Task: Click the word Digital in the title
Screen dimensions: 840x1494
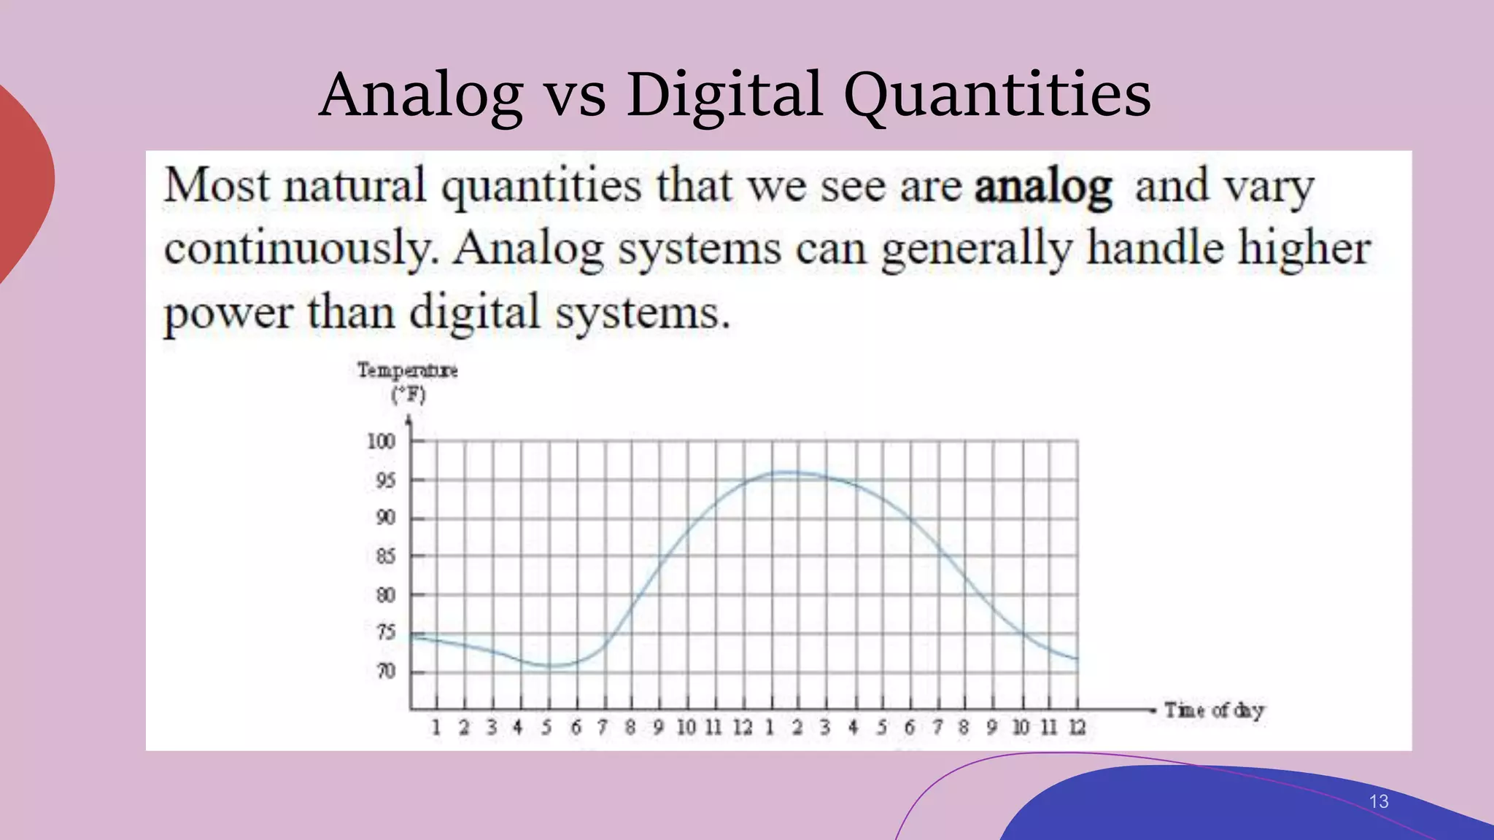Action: (724, 95)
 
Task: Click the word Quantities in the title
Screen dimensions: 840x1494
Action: (997, 95)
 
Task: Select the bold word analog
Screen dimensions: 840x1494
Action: (1043, 187)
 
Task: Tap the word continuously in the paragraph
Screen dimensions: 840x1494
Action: (298, 249)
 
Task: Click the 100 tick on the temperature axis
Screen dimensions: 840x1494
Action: (381, 441)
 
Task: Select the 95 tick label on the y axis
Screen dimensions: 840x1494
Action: (385, 481)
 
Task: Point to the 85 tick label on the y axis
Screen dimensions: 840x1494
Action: (385, 556)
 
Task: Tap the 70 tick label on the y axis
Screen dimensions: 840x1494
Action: (386, 671)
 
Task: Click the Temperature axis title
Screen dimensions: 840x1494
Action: (407, 370)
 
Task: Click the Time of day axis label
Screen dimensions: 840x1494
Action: (1214, 709)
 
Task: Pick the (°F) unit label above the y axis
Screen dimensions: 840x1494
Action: (409, 395)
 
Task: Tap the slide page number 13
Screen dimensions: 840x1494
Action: (1378, 801)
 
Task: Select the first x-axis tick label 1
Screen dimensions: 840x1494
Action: (436, 727)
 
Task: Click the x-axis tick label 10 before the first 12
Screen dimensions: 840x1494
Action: (686, 727)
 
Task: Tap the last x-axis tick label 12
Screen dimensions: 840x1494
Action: (1077, 727)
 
